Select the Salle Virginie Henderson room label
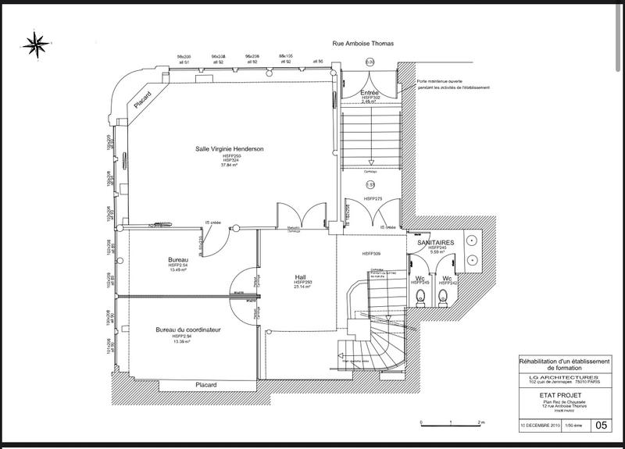pos(230,148)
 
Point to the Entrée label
pos(370,92)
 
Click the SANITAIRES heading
pos(436,244)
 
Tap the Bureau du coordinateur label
pos(188,330)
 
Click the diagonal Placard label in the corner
pos(141,102)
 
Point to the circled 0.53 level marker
pos(371,184)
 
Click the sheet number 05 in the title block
pos(602,426)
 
